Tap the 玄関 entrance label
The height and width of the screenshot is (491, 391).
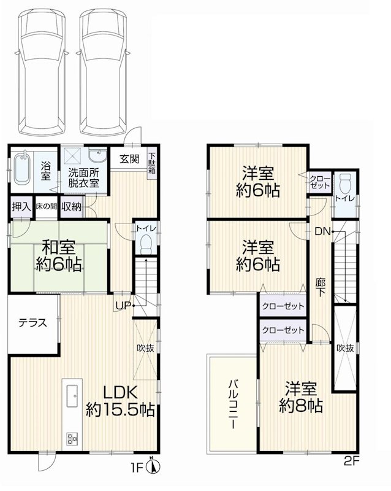tap(129, 159)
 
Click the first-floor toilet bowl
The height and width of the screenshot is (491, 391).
tap(145, 244)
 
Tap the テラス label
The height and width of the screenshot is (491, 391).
tap(32, 322)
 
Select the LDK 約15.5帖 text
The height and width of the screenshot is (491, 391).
tap(120, 401)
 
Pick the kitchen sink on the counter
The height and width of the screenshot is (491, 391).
tap(70, 392)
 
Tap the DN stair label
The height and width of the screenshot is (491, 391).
tap(323, 231)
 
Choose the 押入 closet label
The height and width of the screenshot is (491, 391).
tap(21, 207)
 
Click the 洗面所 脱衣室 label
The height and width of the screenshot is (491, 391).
tap(84, 177)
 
